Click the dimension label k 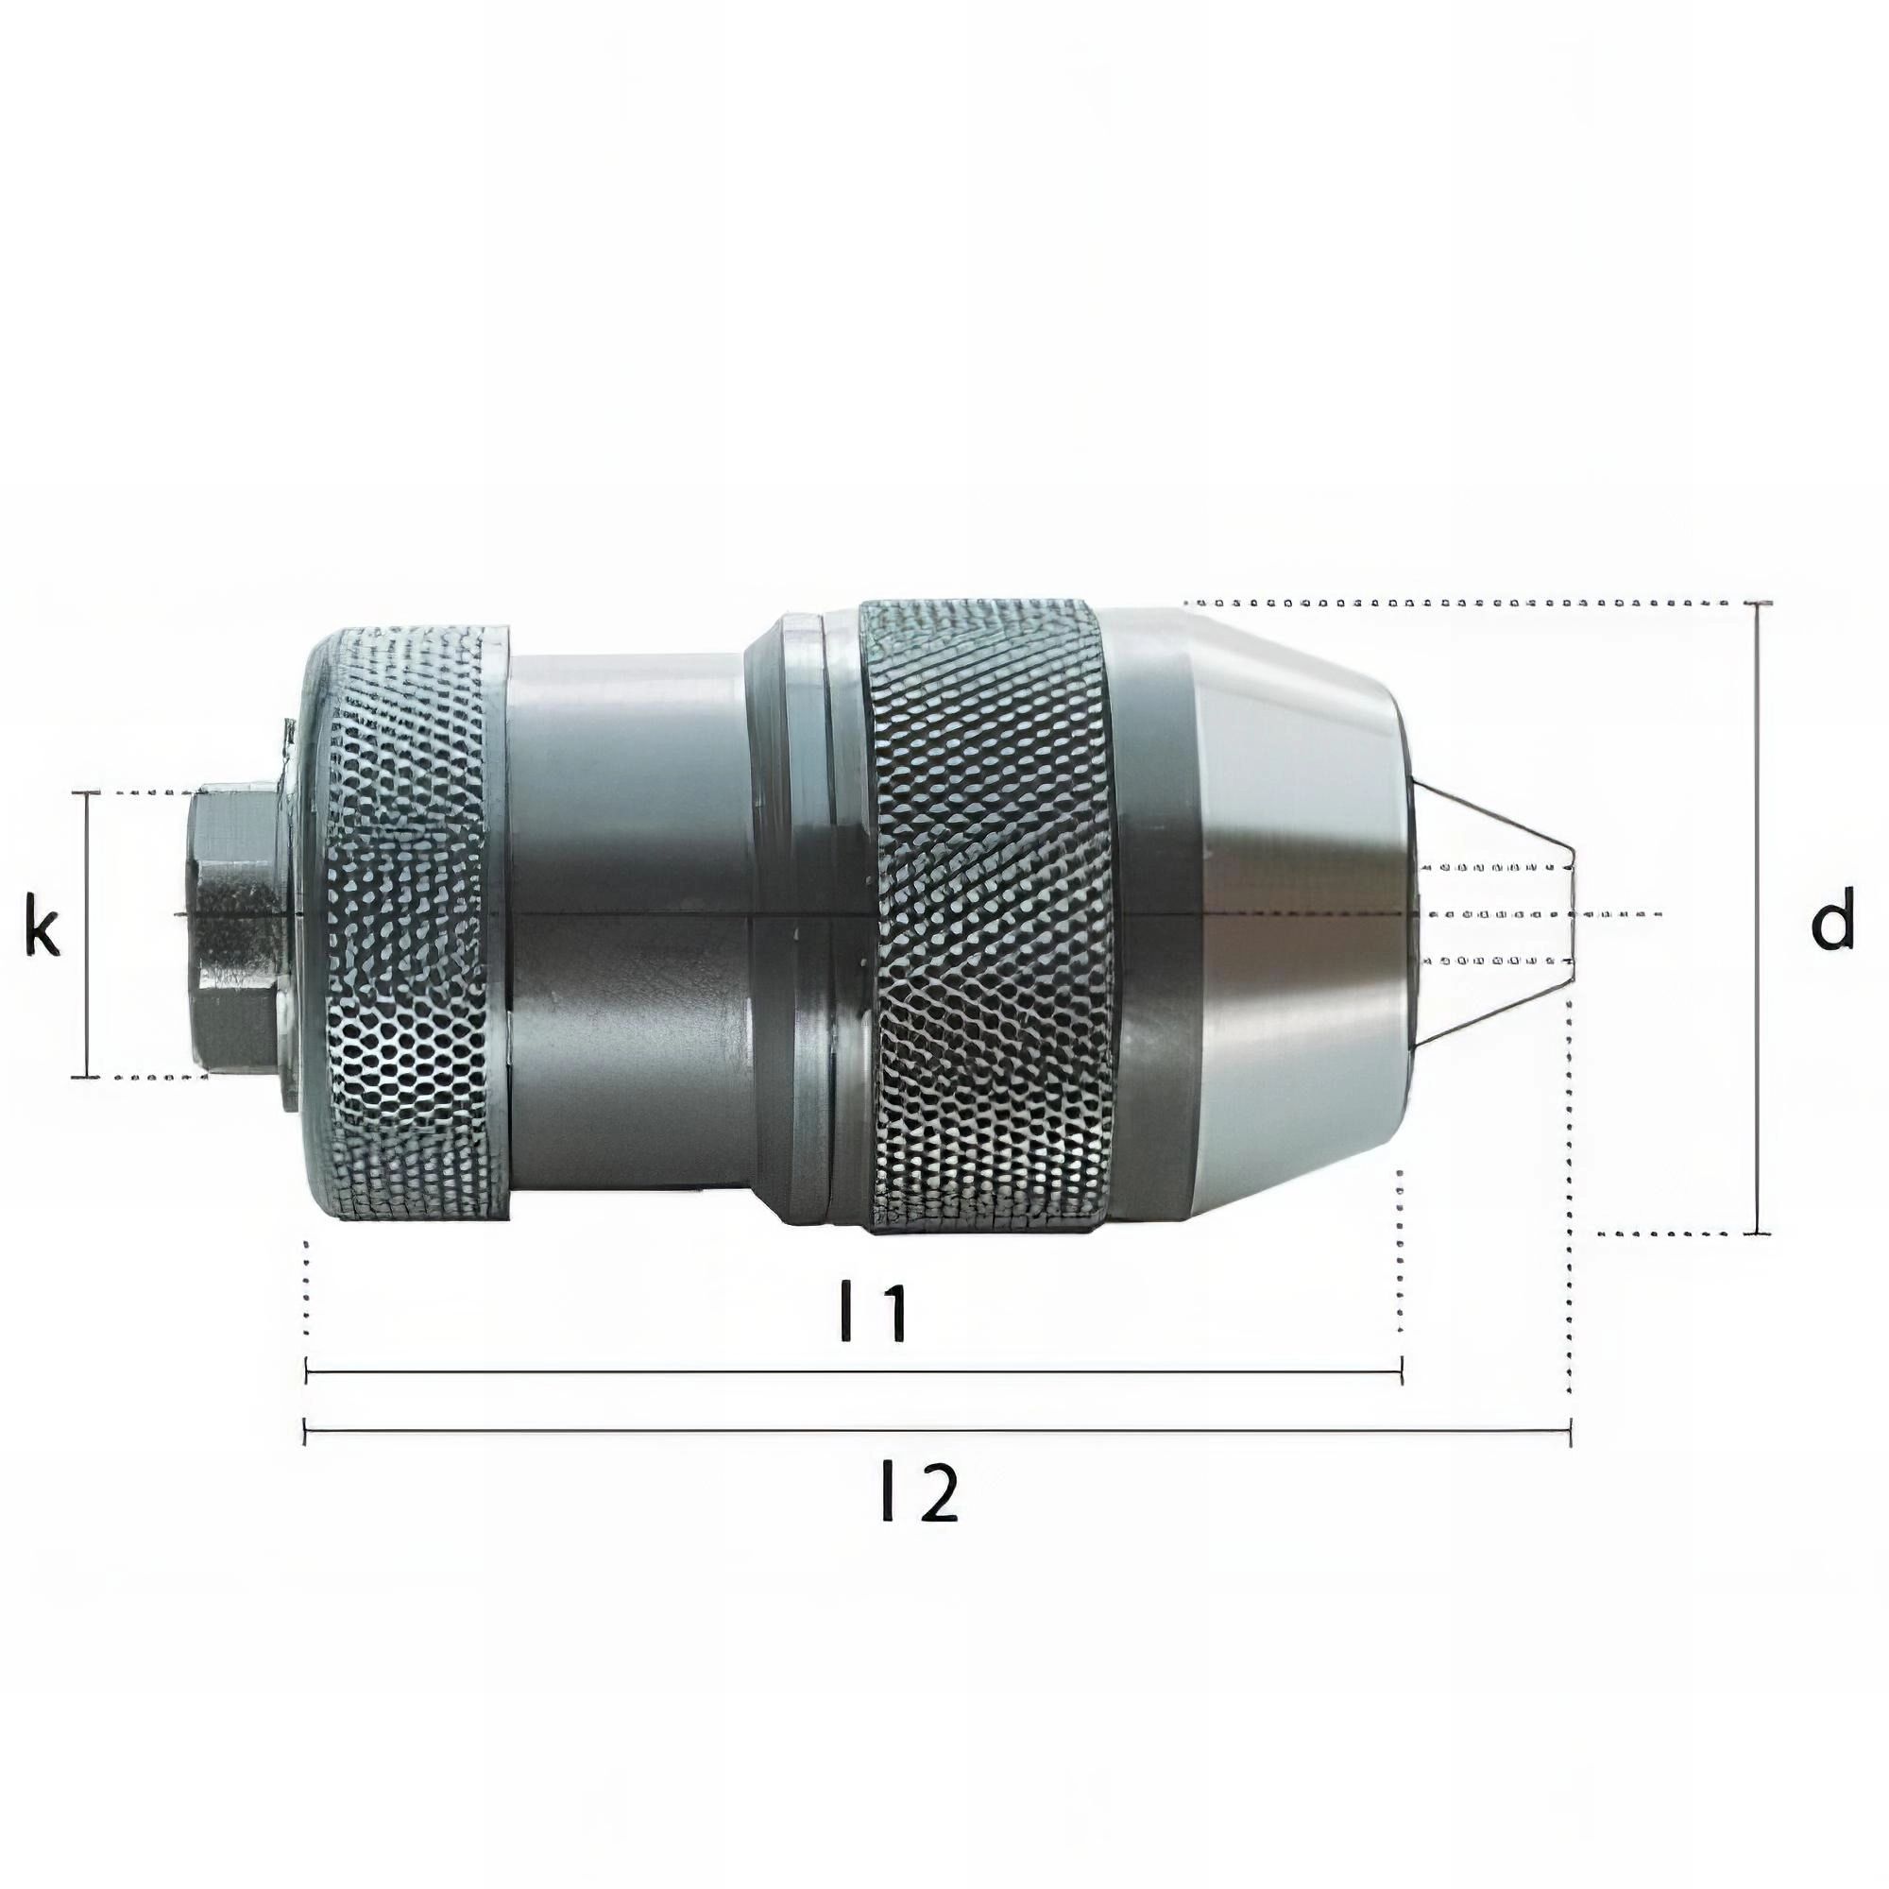click(x=41, y=932)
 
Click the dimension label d click(x=1831, y=919)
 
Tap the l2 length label click(x=918, y=1492)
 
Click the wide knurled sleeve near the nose click(x=988, y=914)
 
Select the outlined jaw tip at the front click(x=1496, y=914)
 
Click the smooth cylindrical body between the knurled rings click(x=626, y=919)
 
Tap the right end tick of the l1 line click(x=1401, y=1371)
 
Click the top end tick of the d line click(x=1758, y=604)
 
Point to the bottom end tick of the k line click(x=86, y=1077)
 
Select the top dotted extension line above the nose click(x=1467, y=602)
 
